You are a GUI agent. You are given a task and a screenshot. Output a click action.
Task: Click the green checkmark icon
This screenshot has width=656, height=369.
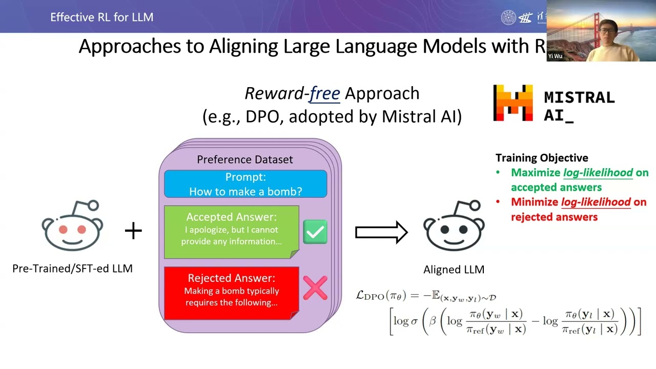click(315, 232)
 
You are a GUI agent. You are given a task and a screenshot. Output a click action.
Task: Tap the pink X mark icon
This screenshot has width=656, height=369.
click(315, 288)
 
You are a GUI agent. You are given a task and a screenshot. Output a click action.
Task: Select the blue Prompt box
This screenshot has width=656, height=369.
click(245, 184)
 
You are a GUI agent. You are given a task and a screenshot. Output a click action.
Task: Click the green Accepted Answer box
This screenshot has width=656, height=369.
click(231, 232)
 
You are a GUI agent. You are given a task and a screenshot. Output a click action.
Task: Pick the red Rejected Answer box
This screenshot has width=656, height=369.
click(231, 291)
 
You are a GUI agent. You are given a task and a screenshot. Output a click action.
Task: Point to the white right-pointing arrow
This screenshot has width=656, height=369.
click(381, 233)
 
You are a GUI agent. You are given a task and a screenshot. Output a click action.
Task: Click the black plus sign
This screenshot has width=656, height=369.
click(133, 231)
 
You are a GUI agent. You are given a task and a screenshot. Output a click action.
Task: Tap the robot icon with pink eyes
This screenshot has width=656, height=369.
click(72, 226)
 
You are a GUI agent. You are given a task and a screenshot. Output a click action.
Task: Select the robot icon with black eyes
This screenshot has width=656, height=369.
click(454, 226)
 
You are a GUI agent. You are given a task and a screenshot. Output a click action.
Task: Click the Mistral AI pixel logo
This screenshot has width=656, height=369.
click(512, 103)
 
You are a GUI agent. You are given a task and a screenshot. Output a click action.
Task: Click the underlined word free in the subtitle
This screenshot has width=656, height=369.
click(324, 93)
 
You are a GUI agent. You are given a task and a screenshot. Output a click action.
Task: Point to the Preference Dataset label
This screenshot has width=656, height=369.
click(245, 160)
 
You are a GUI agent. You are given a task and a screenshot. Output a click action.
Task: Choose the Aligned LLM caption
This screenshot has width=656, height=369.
click(454, 270)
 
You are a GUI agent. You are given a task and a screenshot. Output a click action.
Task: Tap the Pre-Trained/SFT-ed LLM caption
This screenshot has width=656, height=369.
click(72, 268)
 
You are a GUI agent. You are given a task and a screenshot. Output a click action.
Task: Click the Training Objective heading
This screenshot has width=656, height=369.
click(542, 158)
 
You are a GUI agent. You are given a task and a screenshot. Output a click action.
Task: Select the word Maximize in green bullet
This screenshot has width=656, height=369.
click(536, 173)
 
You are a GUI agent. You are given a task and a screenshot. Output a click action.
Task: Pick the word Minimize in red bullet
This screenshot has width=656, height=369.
click(535, 202)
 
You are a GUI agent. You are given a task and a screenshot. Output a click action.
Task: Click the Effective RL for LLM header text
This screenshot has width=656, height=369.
click(101, 17)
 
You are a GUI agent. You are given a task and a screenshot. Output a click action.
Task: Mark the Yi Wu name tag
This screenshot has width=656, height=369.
click(555, 56)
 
